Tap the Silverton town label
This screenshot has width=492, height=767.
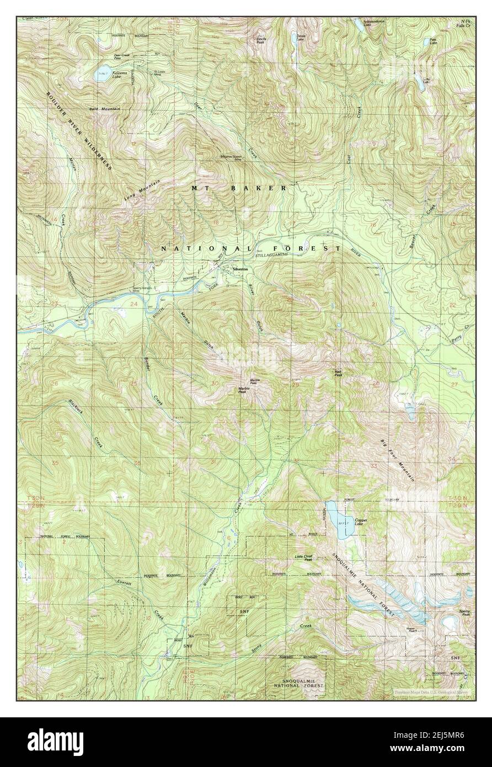(240, 269)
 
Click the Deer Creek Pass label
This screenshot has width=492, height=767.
(125, 56)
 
